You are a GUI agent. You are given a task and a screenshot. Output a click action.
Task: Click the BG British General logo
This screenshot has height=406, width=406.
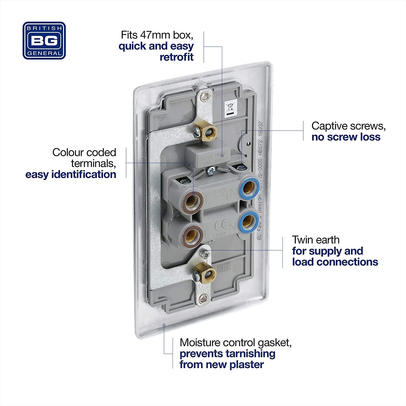point(44,41)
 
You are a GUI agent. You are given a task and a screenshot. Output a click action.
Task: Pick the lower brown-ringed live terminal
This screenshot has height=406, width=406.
point(193,234)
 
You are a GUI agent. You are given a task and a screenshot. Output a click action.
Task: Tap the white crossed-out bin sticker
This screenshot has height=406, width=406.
point(231,108)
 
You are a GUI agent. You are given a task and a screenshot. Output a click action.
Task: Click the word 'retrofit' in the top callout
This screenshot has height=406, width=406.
point(176,57)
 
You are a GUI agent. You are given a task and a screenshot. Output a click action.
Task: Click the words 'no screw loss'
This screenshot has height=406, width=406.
point(346,137)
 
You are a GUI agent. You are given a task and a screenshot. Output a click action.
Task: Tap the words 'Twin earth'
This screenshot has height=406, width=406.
point(316,240)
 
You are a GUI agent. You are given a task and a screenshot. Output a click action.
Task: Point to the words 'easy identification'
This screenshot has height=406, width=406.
point(71,174)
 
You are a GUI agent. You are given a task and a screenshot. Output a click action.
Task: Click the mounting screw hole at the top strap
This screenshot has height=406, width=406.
point(205,96)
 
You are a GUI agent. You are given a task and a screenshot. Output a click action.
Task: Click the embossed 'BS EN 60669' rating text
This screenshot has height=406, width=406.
point(213,156)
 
